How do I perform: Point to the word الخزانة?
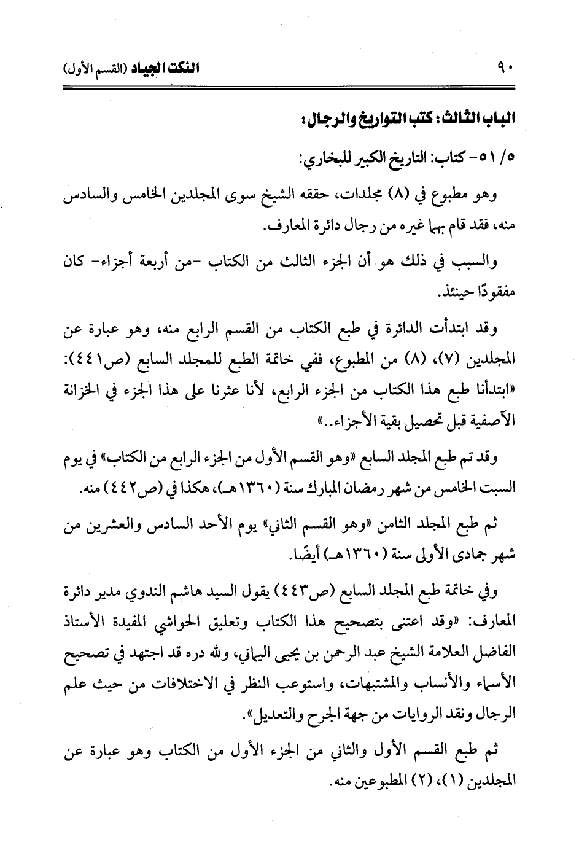[x=85, y=391]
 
